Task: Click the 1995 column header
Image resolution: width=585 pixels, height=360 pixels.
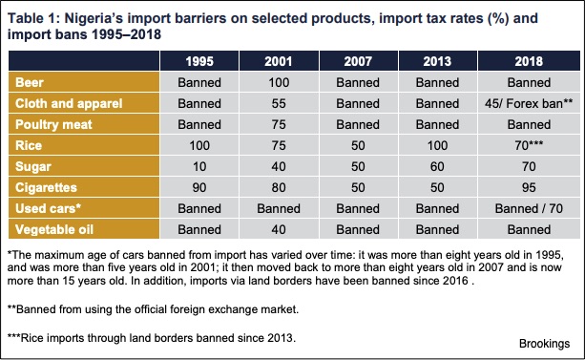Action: click(199, 61)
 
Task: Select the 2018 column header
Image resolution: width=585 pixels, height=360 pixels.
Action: click(529, 61)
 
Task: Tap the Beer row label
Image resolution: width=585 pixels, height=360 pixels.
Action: click(30, 82)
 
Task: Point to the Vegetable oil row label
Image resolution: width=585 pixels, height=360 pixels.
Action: click(54, 229)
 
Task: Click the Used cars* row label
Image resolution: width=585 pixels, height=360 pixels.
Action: click(48, 208)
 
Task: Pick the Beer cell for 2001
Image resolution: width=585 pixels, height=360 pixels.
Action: click(279, 82)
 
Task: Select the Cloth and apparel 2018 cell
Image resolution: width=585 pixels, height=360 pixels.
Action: click(529, 103)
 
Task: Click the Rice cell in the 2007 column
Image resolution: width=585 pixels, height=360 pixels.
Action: click(358, 145)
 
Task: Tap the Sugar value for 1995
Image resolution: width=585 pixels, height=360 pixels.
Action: click(199, 166)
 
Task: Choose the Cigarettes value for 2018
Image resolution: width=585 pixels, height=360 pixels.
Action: click(529, 187)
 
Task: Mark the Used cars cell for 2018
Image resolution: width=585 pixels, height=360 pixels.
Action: click(529, 208)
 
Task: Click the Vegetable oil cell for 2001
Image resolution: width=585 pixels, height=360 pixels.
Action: click(279, 229)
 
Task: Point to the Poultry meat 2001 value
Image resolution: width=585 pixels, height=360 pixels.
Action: click(279, 124)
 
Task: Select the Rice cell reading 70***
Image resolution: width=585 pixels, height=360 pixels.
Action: click(529, 145)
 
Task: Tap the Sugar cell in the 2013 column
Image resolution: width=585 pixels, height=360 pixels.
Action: click(437, 166)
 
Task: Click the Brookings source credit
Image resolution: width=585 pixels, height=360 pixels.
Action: click(544, 344)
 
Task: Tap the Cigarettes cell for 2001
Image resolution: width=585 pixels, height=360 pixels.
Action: click(279, 187)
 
